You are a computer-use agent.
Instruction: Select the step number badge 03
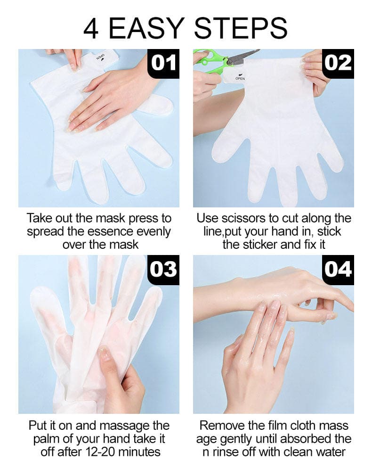163,269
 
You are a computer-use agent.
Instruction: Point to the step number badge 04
338,269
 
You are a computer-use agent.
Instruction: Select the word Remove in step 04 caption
222,426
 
